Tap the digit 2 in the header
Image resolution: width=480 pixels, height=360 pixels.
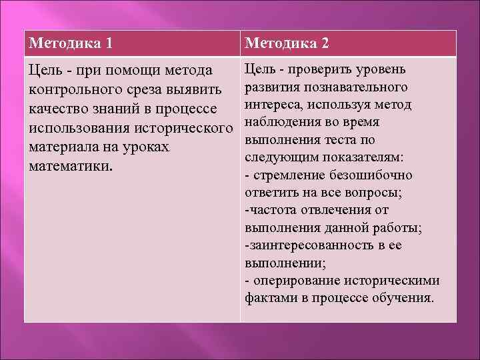click(325, 44)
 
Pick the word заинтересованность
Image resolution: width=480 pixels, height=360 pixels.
click(308, 245)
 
